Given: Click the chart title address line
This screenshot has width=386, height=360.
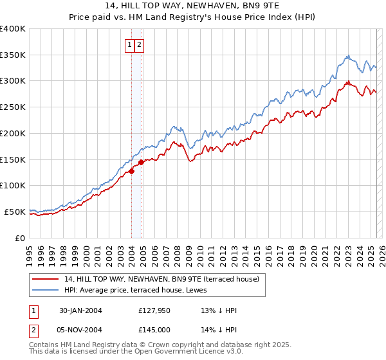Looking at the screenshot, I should coord(193,6).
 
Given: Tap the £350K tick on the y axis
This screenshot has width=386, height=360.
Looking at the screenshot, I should coord(13,55).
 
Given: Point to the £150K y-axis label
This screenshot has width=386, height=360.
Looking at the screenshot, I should coord(13,159).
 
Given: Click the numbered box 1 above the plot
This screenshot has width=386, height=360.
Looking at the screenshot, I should coord(130,44).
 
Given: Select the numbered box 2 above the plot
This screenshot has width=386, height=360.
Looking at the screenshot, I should coord(139,44).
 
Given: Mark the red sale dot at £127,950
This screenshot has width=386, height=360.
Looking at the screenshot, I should coord(131,171).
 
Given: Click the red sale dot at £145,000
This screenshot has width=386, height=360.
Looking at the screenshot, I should coord(141,162).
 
